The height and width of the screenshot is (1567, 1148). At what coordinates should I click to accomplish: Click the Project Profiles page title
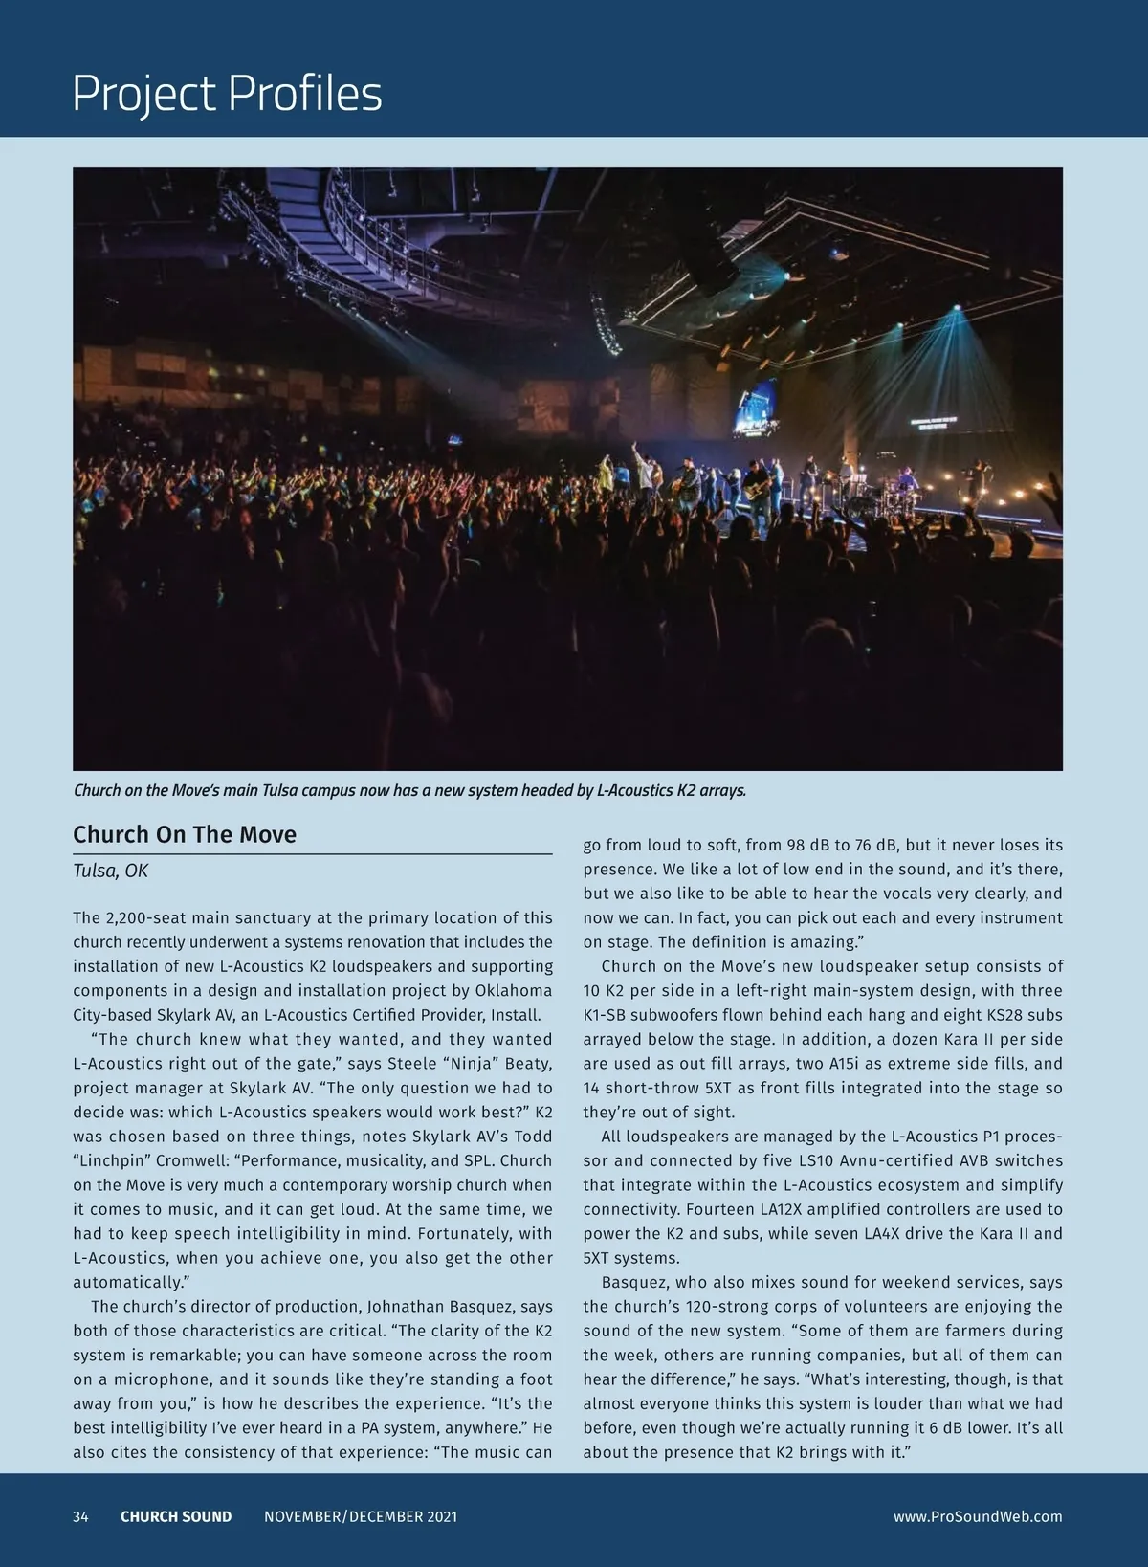[x=227, y=94]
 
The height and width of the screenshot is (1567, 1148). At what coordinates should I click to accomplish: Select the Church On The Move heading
[x=185, y=834]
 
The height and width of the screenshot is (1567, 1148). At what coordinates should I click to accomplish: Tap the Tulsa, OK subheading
[x=110, y=871]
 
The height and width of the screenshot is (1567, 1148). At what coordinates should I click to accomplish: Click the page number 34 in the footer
[x=80, y=1516]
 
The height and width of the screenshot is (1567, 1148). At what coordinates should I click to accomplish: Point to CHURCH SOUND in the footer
[x=176, y=1516]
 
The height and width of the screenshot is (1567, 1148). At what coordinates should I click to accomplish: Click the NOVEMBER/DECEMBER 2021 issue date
[x=361, y=1516]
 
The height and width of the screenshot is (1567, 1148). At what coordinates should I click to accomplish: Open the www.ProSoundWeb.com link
[x=978, y=1516]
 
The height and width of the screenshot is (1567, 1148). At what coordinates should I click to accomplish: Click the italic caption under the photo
[x=409, y=791]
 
